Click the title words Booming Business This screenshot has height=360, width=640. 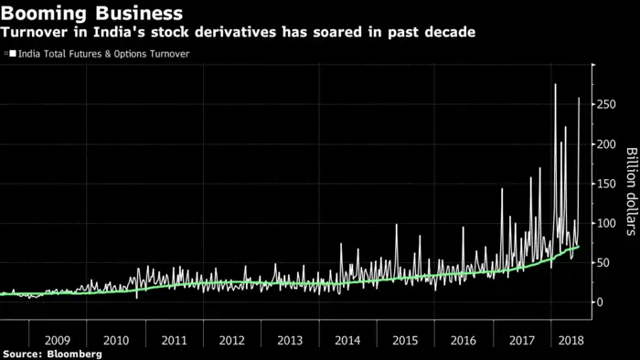click(91, 14)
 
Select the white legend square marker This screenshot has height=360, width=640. click(13, 54)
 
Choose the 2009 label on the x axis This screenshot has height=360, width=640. click(59, 339)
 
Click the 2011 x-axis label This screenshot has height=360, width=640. click(174, 339)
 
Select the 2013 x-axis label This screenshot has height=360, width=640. click(290, 339)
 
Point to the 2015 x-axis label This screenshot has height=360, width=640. click(405, 339)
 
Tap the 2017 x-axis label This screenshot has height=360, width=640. click(521, 339)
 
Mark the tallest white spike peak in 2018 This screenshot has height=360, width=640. click(555, 85)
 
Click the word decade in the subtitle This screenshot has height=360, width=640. click(452, 34)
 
